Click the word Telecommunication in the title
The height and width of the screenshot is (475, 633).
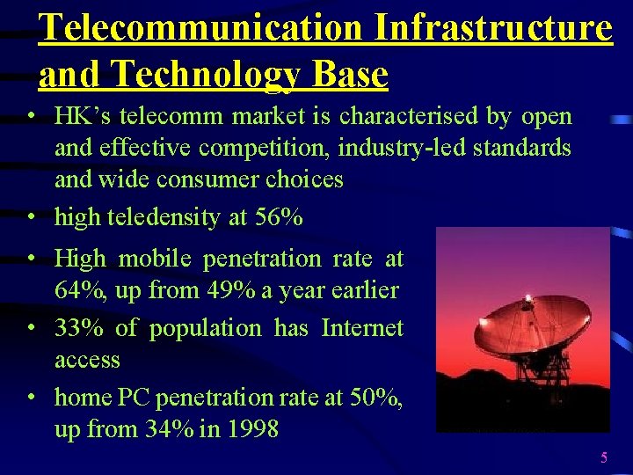coord(201,27)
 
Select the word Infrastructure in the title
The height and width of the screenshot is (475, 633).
coord(493,27)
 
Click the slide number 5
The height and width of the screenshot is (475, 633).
coord(604,457)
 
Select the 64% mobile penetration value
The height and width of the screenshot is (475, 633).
coord(75,290)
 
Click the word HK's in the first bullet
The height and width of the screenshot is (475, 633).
coord(82,116)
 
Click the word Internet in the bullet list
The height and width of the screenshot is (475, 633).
coord(362,328)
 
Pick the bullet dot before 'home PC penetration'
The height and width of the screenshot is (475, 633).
coord(32,398)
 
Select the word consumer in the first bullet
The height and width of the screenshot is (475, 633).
coord(205,179)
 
